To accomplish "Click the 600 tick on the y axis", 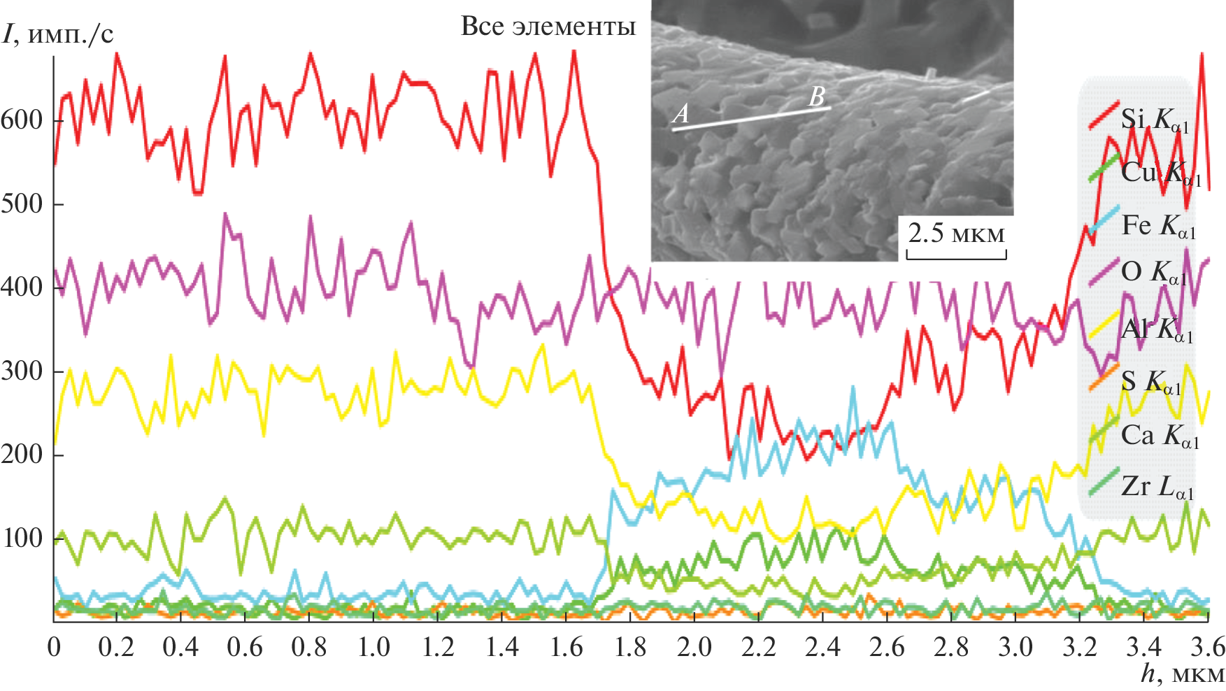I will [22, 120].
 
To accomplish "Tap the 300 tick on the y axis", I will [22, 371].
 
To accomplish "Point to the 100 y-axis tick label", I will [22, 538].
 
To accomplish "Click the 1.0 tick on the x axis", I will [374, 647].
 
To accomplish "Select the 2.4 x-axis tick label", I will [822, 647].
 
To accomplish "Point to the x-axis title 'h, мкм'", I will [1183, 674].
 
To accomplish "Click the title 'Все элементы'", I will [548, 27].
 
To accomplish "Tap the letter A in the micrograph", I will [680, 113].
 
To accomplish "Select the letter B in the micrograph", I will [816, 97].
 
